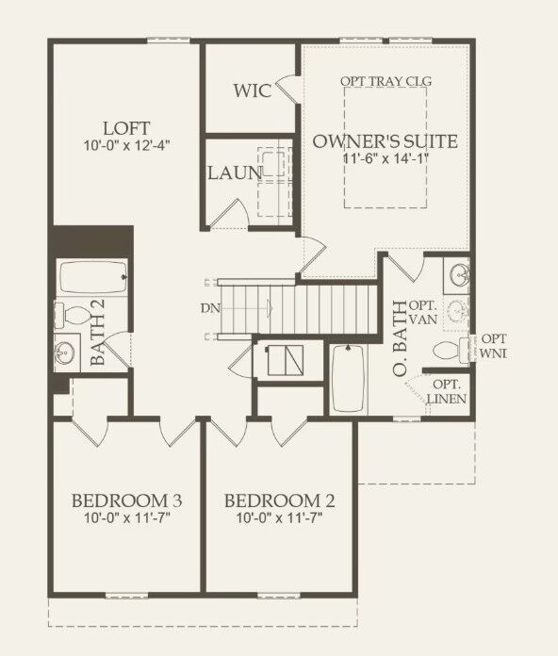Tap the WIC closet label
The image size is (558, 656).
[x=253, y=90]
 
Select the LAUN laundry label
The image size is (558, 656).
[x=235, y=172]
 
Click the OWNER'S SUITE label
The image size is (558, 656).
[x=385, y=142]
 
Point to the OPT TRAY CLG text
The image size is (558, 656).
[x=386, y=81]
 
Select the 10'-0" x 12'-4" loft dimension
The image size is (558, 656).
[x=128, y=145]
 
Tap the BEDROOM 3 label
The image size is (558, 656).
[x=127, y=500]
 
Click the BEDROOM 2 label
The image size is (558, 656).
[x=280, y=500]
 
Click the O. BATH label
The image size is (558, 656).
[x=401, y=339]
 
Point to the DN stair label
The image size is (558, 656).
[x=209, y=307]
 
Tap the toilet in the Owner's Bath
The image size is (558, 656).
[x=449, y=351]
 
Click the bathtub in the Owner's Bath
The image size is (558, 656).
[x=351, y=375]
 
